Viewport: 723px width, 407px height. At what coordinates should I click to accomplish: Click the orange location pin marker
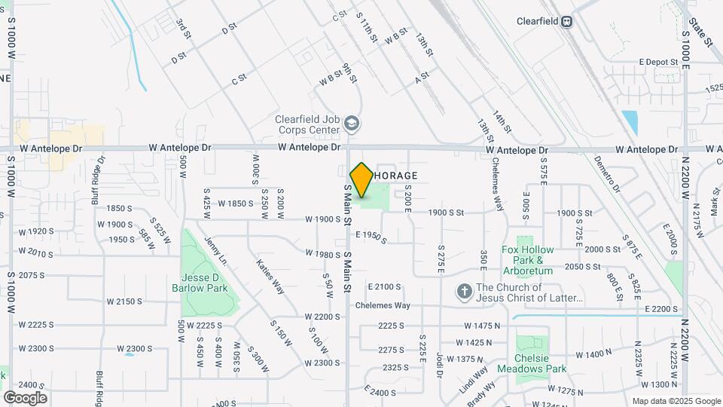[x=361, y=180]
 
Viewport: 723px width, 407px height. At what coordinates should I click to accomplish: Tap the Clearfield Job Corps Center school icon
[x=351, y=123]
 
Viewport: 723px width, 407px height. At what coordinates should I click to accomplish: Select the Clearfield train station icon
[x=566, y=22]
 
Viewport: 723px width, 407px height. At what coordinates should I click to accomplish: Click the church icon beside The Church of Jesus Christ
[x=465, y=290]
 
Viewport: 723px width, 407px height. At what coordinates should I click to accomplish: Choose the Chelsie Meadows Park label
[x=540, y=364]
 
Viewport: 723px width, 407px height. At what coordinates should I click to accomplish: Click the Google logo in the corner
[x=25, y=397]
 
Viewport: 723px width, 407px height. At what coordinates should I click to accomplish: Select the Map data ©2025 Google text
[x=676, y=401]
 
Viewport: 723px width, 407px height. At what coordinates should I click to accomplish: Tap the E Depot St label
[x=659, y=62]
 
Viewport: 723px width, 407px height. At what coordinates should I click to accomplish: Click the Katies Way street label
[x=270, y=277]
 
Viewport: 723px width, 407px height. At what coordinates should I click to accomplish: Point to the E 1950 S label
[x=371, y=237]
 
